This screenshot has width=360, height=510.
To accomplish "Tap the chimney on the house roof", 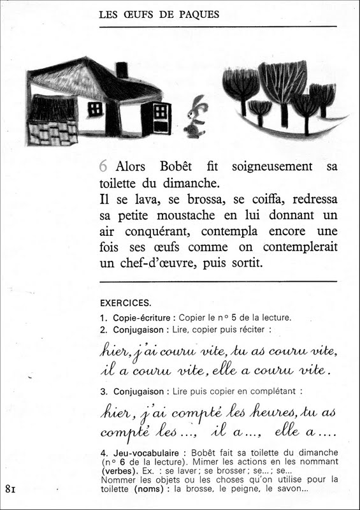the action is click(122, 70).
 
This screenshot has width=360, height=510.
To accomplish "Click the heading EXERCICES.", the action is click(126, 303).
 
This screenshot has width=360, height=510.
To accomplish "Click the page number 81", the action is click(10, 490).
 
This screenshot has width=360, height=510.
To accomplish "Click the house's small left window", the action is click(95, 108).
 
